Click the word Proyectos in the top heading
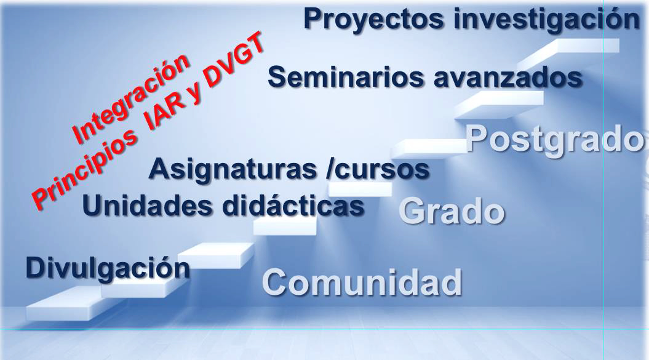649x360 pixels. (x=373, y=20)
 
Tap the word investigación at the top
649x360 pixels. (x=546, y=19)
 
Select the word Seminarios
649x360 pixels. (x=346, y=77)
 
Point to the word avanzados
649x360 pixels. (x=508, y=78)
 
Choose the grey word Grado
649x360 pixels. (x=452, y=211)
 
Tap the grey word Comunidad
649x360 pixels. (x=362, y=282)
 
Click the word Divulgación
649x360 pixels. (x=108, y=268)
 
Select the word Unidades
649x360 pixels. (x=148, y=206)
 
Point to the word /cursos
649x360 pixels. (x=378, y=169)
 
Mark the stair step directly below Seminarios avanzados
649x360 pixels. (x=500, y=105)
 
